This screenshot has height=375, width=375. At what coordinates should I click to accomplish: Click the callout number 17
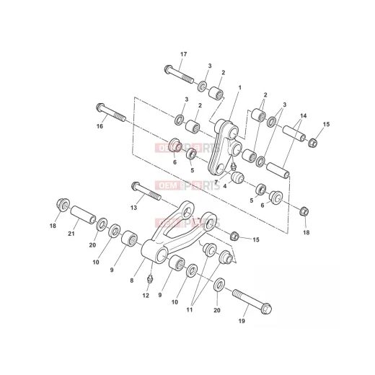click(x=183, y=54)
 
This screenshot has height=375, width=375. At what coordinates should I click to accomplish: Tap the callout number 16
click(x=100, y=126)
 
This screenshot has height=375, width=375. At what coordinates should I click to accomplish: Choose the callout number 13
click(x=133, y=207)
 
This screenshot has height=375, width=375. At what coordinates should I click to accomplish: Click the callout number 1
click(x=240, y=88)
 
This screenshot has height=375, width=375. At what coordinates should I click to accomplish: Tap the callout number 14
click(x=302, y=115)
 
